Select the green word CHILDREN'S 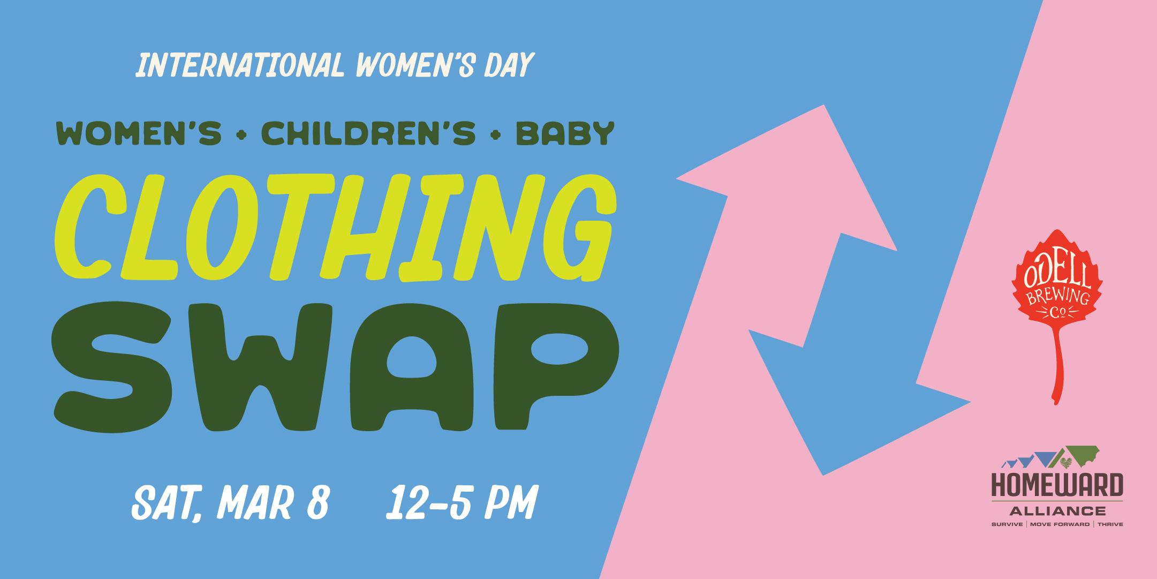click(x=368, y=133)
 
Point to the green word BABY click(x=564, y=134)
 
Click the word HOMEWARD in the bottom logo click(x=1057, y=486)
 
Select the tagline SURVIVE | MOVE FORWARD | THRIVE click(x=1057, y=524)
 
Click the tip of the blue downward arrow click(x=822, y=475)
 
